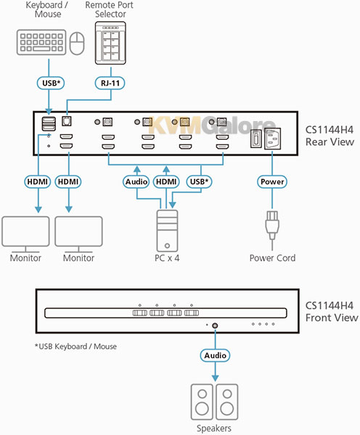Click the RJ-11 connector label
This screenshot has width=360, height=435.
[110, 83]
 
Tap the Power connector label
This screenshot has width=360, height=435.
[272, 182]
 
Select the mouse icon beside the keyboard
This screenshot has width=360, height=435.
[77, 43]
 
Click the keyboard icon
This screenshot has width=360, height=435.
[41, 43]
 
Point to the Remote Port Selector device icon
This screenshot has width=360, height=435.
[110, 43]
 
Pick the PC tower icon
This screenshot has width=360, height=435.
[167, 231]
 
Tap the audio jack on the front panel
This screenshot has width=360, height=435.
[215, 326]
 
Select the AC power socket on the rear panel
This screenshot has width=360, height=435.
[272, 138]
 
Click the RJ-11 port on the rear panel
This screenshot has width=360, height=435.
[66, 121]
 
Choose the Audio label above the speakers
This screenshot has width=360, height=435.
[215, 355]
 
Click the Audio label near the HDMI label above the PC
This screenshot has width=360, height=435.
[136, 182]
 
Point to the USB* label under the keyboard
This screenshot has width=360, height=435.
[51, 83]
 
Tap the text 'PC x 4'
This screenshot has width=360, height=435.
[167, 258]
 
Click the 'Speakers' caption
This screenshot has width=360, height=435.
[214, 428]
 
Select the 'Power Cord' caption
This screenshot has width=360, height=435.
[272, 258]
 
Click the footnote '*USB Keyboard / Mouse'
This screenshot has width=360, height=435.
[75, 347]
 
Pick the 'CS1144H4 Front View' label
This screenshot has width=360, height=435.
[332, 312]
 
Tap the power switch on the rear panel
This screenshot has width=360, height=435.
[255, 138]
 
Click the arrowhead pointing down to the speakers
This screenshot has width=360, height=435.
[215, 378]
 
